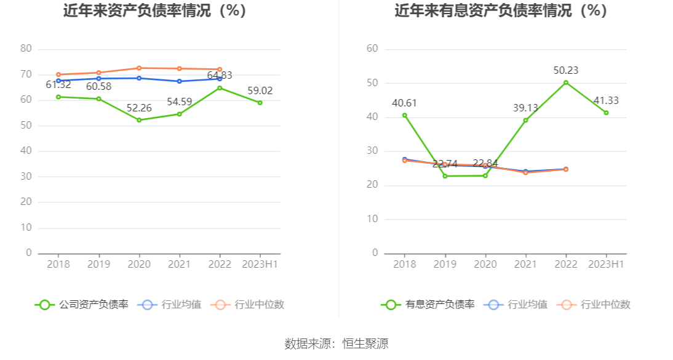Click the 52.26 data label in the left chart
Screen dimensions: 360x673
tap(138, 108)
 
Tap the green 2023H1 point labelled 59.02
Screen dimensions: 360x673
tap(260, 103)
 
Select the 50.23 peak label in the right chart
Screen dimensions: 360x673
tap(565, 71)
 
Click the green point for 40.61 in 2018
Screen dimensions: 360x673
tap(404, 115)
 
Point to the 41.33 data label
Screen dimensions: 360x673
tap(606, 101)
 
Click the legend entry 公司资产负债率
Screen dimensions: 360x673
tap(82, 304)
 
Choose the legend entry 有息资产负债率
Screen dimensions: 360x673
tap(429, 304)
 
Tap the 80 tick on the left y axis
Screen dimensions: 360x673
tap(26, 49)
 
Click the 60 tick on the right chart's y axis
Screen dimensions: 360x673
tap(372, 49)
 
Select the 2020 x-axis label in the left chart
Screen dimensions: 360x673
tap(138, 264)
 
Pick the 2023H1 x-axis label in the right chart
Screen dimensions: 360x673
tap(606, 264)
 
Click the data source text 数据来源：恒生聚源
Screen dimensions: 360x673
tap(336, 343)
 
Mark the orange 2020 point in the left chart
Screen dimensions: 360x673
tap(138, 68)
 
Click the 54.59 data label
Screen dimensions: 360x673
tap(179, 102)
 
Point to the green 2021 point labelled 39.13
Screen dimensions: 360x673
tap(525, 120)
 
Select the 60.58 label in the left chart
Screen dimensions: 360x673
tap(98, 87)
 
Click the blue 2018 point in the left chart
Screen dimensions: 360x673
tap(58, 81)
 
